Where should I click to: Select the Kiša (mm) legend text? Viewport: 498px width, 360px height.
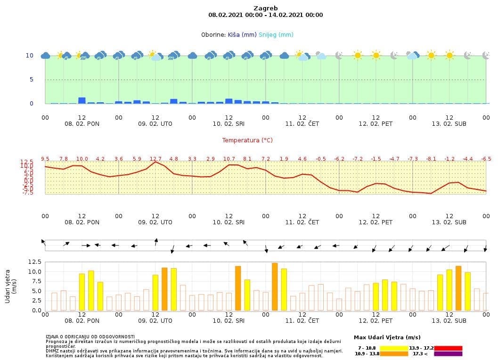pyautogui.click(x=242, y=34)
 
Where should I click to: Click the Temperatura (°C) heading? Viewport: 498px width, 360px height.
pyautogui.click(x=247, y=140)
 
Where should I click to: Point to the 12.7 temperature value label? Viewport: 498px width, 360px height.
pyautogui.click(x=155, y=159)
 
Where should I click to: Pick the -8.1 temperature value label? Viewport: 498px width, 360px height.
pyautogui.click(x=431, y=159)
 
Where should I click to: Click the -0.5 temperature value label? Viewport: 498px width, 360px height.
pyautogui.click(x=321, y=159)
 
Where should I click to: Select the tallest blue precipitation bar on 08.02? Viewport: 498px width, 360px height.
pyautogui.click(x=82, y=100)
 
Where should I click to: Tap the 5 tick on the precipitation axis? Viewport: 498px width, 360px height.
pyautogui.click(x=31, y=80)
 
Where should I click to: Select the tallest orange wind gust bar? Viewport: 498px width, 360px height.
pyautogui.click(x=275, y=286)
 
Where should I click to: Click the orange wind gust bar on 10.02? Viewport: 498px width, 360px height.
pyautogui.click(x=238, y=288)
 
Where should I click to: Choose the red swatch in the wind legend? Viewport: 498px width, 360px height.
pyautogui.click(x=448, y=348)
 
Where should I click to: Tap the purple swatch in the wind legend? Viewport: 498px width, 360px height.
pyautogui.click(x=448, y=353)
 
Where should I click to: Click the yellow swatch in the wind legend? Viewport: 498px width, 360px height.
pyautogui.click(x=394, y=348)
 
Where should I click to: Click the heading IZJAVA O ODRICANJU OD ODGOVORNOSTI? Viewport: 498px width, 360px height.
pyautogui.click(x=90, y=337)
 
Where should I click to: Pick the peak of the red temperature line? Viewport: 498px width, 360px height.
pyautogui.click(x=155, y=162)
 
